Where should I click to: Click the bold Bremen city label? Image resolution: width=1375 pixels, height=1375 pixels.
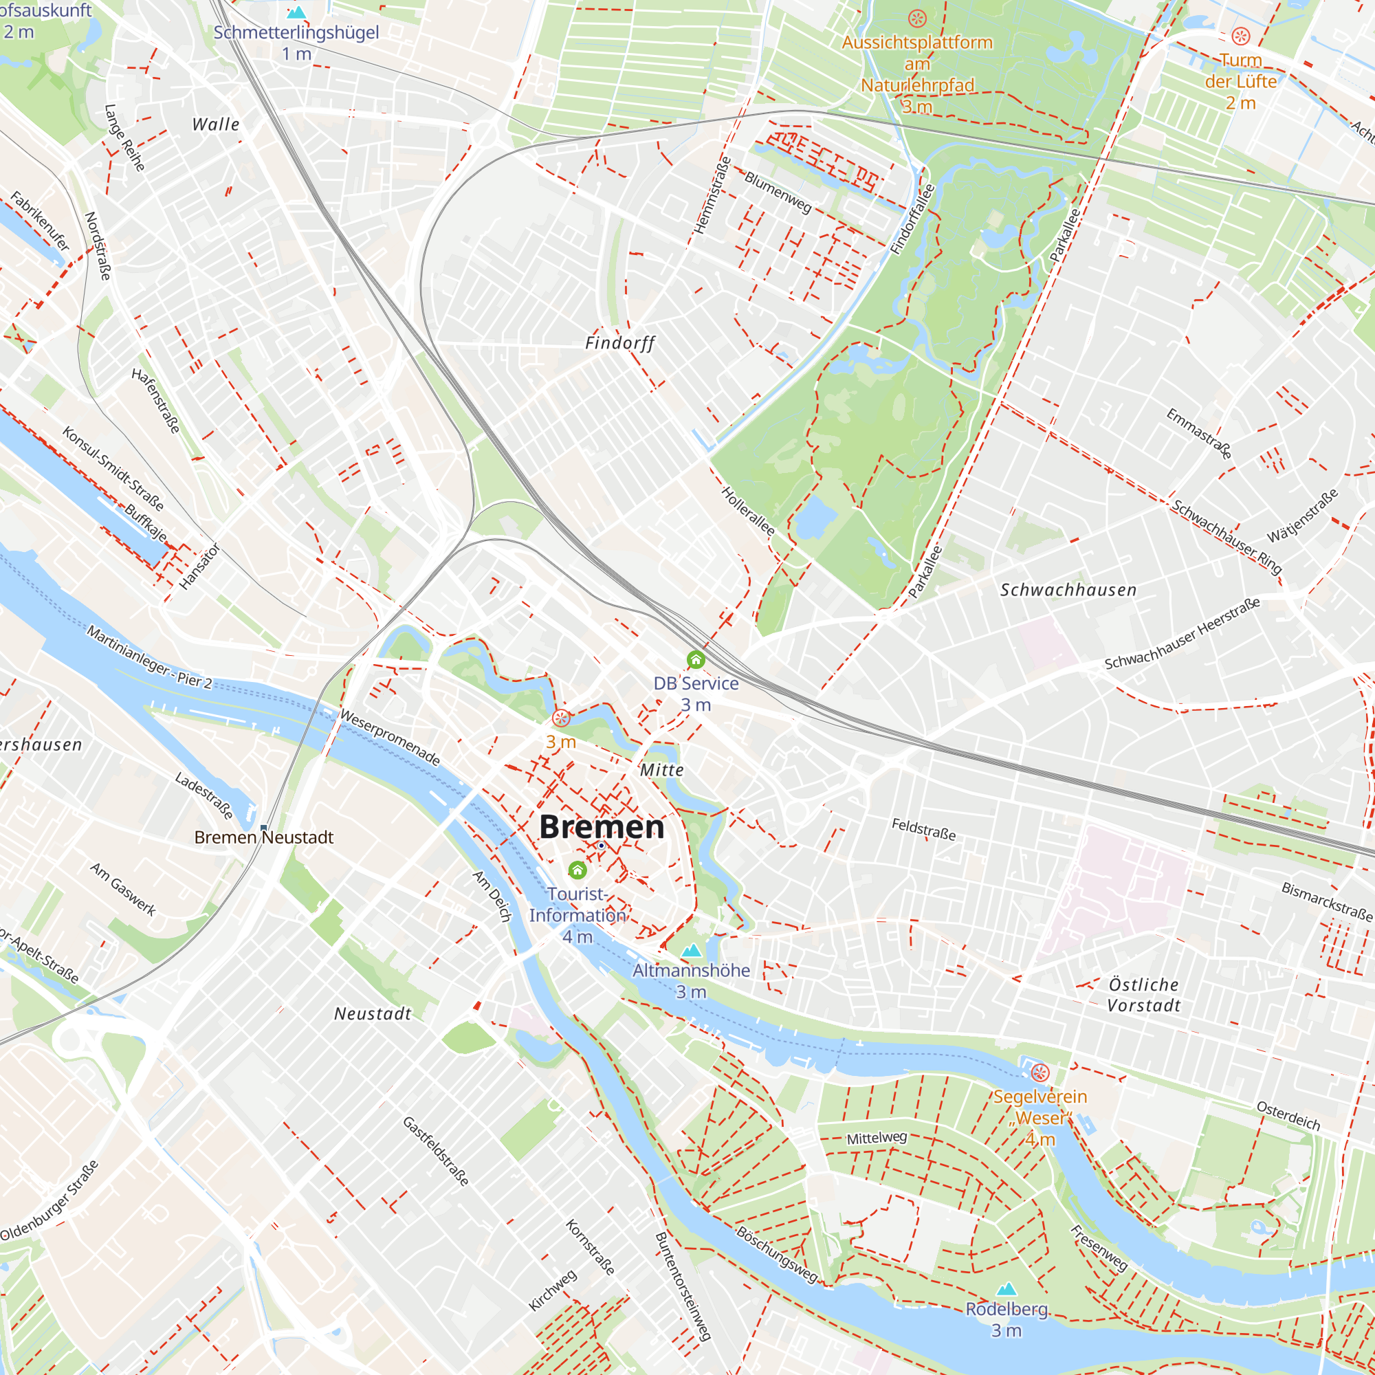(x=602, y=827)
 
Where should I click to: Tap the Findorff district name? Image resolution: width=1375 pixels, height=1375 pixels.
(x=620, y=343)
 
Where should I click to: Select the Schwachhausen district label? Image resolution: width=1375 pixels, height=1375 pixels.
(x=1068, y=590)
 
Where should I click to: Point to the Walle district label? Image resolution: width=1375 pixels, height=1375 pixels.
(x=216, y=124)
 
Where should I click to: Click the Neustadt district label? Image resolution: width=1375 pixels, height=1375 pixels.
(x=373, y=1013)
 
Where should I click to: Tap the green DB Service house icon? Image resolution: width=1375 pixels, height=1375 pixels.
(x=695, y=659)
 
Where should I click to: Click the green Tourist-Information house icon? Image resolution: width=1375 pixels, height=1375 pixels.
(x=577, y=870)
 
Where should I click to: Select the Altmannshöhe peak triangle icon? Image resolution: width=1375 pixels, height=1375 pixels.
(x=691, y=950)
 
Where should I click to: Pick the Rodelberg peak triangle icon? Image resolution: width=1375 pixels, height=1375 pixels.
(x=1006, y=1289)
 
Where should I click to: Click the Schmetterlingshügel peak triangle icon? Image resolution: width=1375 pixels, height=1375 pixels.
(x=296, y=12)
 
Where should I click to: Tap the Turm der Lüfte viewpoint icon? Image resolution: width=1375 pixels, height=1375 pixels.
(x=1240, y=36)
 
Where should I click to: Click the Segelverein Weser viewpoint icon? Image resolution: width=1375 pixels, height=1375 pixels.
(x=1039, y=1072)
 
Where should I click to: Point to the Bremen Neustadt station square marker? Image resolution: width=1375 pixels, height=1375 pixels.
(x=264, y=827)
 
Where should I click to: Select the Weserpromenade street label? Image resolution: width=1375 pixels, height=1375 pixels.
(x=390, y=737)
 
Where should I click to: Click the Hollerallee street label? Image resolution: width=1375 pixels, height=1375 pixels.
(x=748, y=511)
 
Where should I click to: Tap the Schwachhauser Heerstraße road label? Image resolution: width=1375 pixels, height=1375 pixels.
(x=1182, y=633)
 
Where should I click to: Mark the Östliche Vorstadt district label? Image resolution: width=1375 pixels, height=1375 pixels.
(x=1144, y=995)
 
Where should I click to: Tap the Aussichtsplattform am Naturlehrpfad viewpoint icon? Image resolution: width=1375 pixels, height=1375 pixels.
(x=917, y=18)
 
